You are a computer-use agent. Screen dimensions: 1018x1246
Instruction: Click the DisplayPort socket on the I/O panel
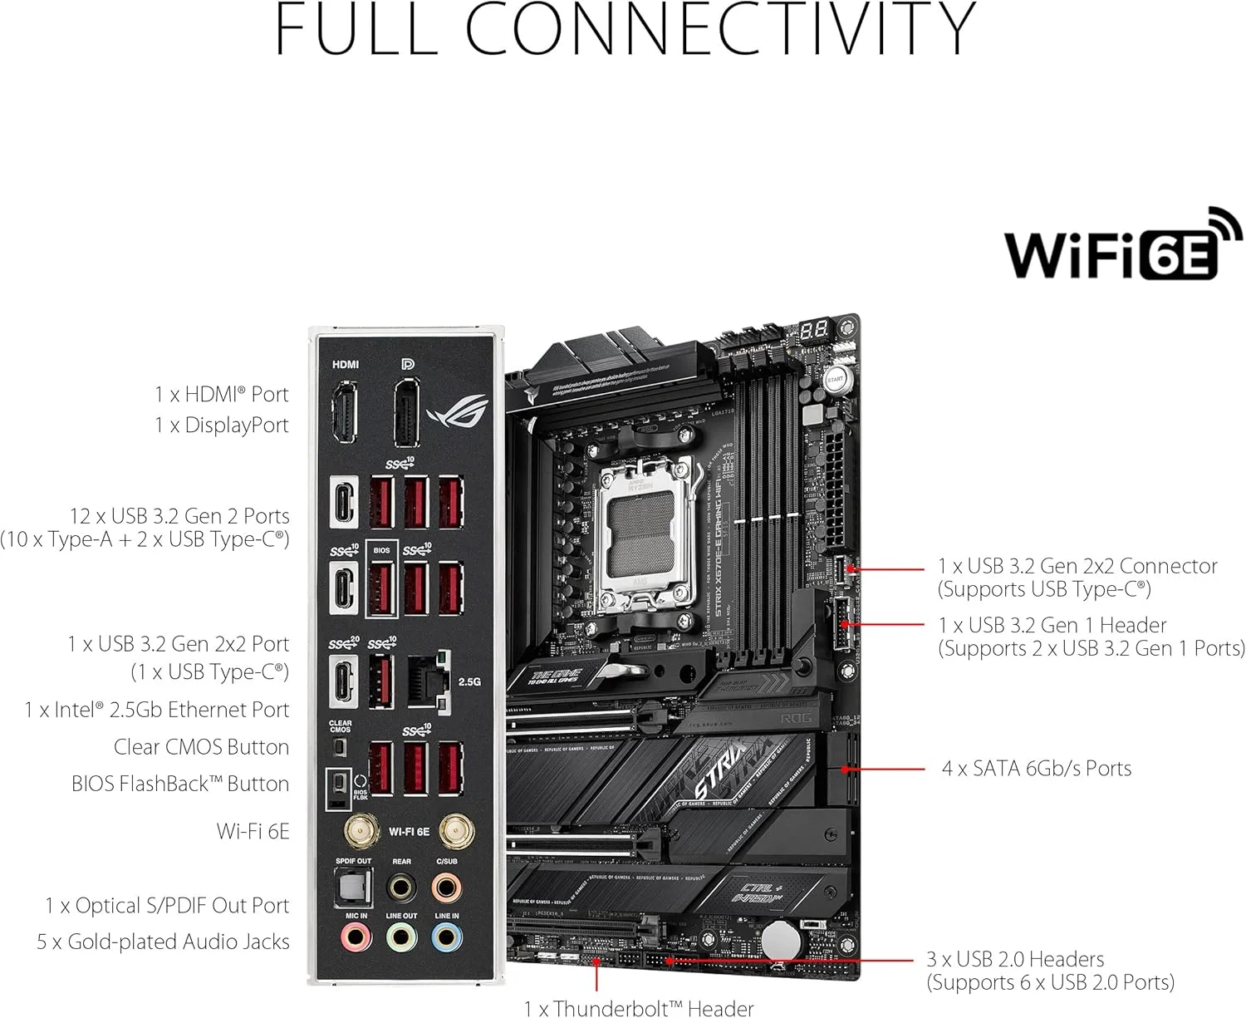coord(407,414)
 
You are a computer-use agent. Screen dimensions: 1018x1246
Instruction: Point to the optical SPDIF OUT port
coord(353,887)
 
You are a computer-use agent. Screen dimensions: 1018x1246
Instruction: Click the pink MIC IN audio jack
coord(356,938)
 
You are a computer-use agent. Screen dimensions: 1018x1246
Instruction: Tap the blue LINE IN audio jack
coord(447,938)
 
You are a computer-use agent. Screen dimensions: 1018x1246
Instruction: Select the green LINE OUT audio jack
coord(401,938)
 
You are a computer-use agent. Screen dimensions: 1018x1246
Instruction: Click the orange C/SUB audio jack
coord(447,887)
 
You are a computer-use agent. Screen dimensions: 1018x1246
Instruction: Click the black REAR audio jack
coord(401,887)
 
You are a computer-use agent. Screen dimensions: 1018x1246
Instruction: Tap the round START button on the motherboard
coord(835,379)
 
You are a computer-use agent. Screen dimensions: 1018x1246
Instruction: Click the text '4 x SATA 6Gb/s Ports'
coord(1036,769)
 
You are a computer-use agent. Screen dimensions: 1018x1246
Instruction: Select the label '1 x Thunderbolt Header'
coord(638,1008)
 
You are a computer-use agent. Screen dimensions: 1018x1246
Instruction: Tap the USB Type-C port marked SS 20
coord(343,681)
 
